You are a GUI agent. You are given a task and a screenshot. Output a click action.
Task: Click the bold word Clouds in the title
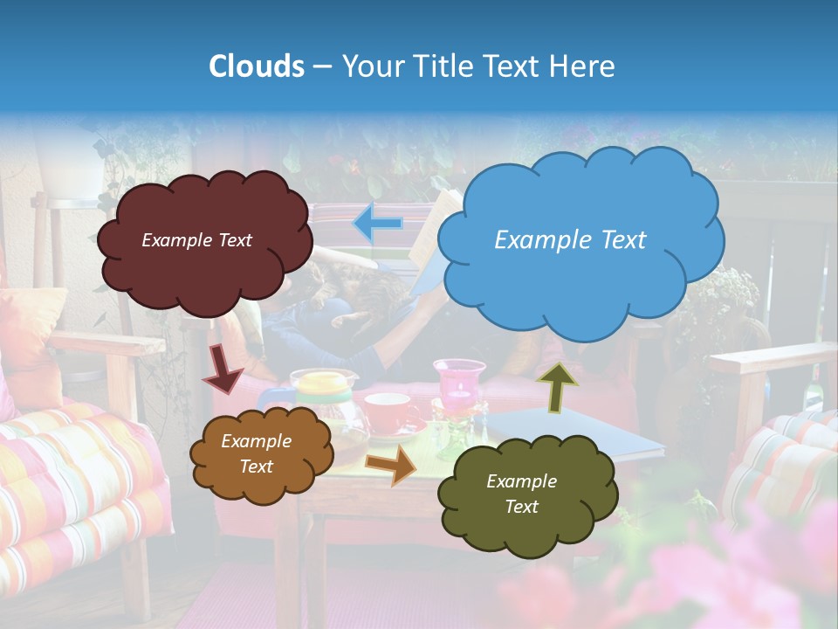256,66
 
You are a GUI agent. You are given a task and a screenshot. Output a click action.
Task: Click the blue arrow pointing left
378,225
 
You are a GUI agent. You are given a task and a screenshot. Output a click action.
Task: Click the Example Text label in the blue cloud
570,240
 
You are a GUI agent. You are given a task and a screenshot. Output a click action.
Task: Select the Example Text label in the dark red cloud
196,240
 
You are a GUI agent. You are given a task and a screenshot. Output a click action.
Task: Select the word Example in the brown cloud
256,441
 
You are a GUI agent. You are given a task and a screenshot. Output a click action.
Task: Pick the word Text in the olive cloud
521,507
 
